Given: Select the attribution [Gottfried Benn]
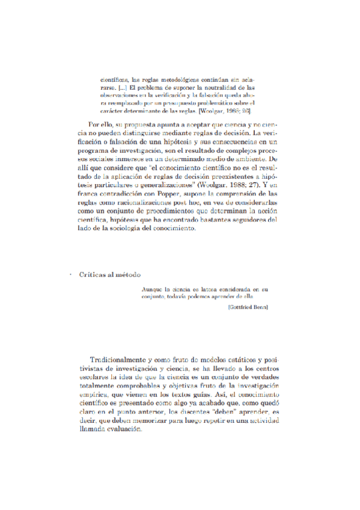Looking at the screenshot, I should point(248,307).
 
